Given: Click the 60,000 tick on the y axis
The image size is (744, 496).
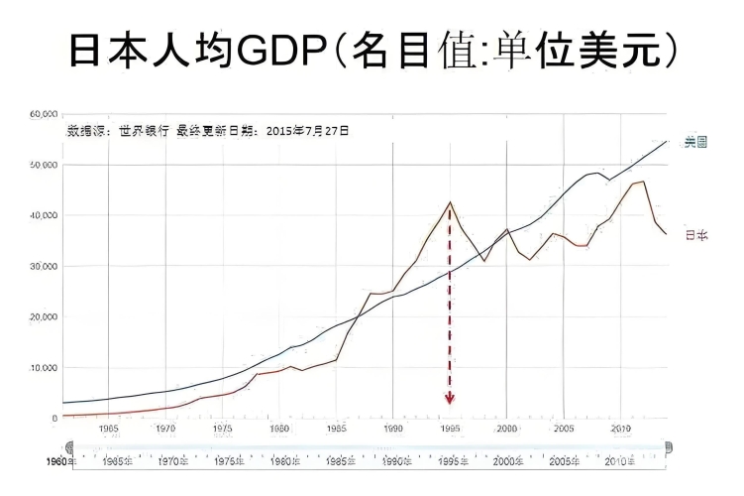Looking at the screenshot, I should tap(44, 114).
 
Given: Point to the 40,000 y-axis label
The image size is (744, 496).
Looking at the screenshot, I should tap(44, 215).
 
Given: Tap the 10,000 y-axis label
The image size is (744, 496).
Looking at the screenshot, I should tap(44, 367).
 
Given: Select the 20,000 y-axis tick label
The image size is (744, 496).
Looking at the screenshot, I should tap(44, 316).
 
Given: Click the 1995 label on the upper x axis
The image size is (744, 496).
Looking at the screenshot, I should tap(450, 429).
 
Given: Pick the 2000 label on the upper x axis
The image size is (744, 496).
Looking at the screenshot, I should tap(507, 429).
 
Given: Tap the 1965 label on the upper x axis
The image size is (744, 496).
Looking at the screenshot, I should tap(109, 429).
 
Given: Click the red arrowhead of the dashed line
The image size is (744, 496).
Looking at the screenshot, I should tap(450, 399).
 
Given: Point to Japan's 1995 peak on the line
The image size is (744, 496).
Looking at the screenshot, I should tap(451, 202).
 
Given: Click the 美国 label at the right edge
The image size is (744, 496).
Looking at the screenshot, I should tap(695, 142).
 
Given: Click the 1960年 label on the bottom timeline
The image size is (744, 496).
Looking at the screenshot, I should tap(62, 462).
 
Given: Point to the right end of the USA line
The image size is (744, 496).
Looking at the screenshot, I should tap(667, 142).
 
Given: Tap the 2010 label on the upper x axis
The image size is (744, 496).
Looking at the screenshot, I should tap(621, 429).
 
